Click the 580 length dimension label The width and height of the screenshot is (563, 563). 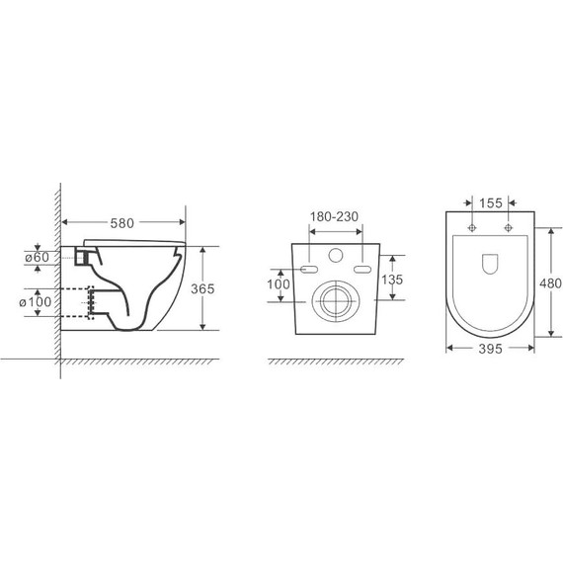[x=122, y=223]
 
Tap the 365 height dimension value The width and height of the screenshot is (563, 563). [x=202, y=288]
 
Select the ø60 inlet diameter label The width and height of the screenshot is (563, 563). [x=37, y=257]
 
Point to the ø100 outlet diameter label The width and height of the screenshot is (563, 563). [x=36, y=302]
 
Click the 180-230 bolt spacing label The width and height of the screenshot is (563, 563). [x=334, y=216]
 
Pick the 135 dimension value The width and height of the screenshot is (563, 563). [x=392, y=280]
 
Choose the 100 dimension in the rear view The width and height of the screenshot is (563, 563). [x=279, y=284]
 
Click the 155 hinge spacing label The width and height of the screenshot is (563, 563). [x=491, y=203]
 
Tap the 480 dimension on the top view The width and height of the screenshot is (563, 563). [x=550, y=283]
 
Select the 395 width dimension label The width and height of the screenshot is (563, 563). [x=490, y=349]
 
